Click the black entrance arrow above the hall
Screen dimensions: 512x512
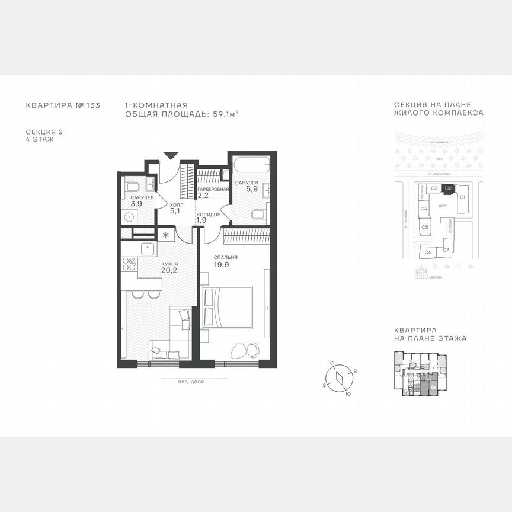click(x=171, y=156)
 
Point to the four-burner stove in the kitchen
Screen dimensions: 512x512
click(x=129, y=264)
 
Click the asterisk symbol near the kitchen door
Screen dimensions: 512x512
click(x=166, y=235)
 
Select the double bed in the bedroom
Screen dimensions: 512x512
click(x=227, y=307)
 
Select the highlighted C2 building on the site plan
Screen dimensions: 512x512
click(x=449, y=188)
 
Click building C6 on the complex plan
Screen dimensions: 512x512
click(x=427, y=252)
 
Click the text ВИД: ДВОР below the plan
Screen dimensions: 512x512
click(x=191, y=382)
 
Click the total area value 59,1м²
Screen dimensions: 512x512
click(x=226, y=113)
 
